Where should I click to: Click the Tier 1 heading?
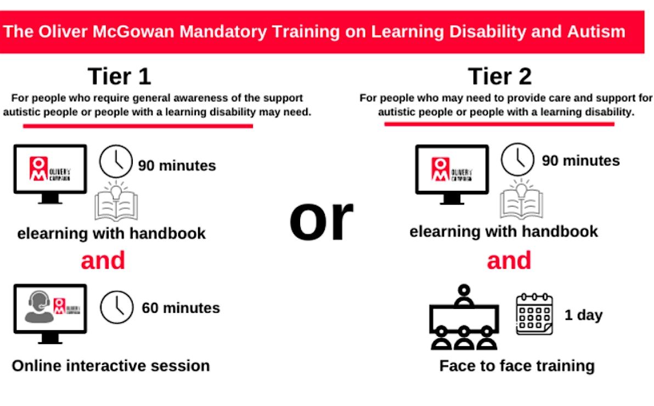119,76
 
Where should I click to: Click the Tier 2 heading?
500,76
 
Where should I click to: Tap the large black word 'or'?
321,220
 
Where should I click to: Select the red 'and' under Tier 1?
103,261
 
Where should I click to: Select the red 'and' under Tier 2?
509,261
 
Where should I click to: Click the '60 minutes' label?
181,308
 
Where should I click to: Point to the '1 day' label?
584,315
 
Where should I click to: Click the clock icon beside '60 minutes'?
117,308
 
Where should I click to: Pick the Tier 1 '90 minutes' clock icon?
116,161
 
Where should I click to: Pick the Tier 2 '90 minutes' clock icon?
517,159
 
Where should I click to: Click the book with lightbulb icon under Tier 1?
116,201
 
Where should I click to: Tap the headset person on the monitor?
39,307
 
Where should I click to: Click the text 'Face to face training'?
517,366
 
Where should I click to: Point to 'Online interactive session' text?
110,366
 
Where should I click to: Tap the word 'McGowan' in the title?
133,32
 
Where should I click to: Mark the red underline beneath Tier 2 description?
499,124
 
